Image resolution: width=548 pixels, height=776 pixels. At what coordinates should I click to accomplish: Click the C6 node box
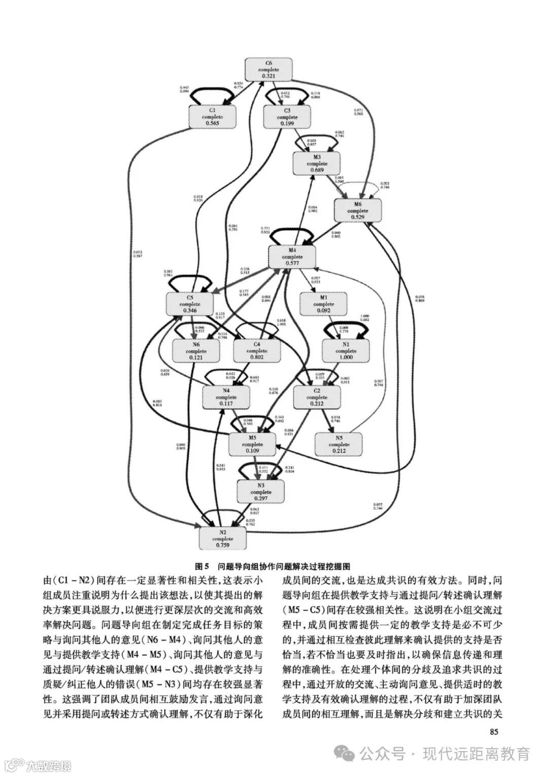(269, 69)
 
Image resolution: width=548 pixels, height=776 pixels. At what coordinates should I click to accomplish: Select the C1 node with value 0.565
(212, 116)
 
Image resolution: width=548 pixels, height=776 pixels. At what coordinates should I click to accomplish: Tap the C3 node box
(287, 116)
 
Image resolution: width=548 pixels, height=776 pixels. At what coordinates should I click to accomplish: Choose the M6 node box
(358, 210)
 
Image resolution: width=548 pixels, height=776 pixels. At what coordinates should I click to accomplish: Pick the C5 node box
(190, 304)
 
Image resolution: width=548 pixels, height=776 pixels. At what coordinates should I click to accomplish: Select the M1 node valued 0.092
(324, 304)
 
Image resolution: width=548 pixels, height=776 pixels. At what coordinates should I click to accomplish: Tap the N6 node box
(196, 351)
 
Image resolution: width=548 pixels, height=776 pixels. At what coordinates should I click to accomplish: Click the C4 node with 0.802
(257, 351)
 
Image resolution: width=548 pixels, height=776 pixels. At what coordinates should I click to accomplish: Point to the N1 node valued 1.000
(346, 351)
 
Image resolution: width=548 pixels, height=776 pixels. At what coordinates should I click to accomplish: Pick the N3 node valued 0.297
(261, 492)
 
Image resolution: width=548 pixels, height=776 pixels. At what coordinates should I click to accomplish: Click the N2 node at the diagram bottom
(223, 538)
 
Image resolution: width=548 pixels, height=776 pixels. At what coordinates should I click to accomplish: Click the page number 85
(495, 732)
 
